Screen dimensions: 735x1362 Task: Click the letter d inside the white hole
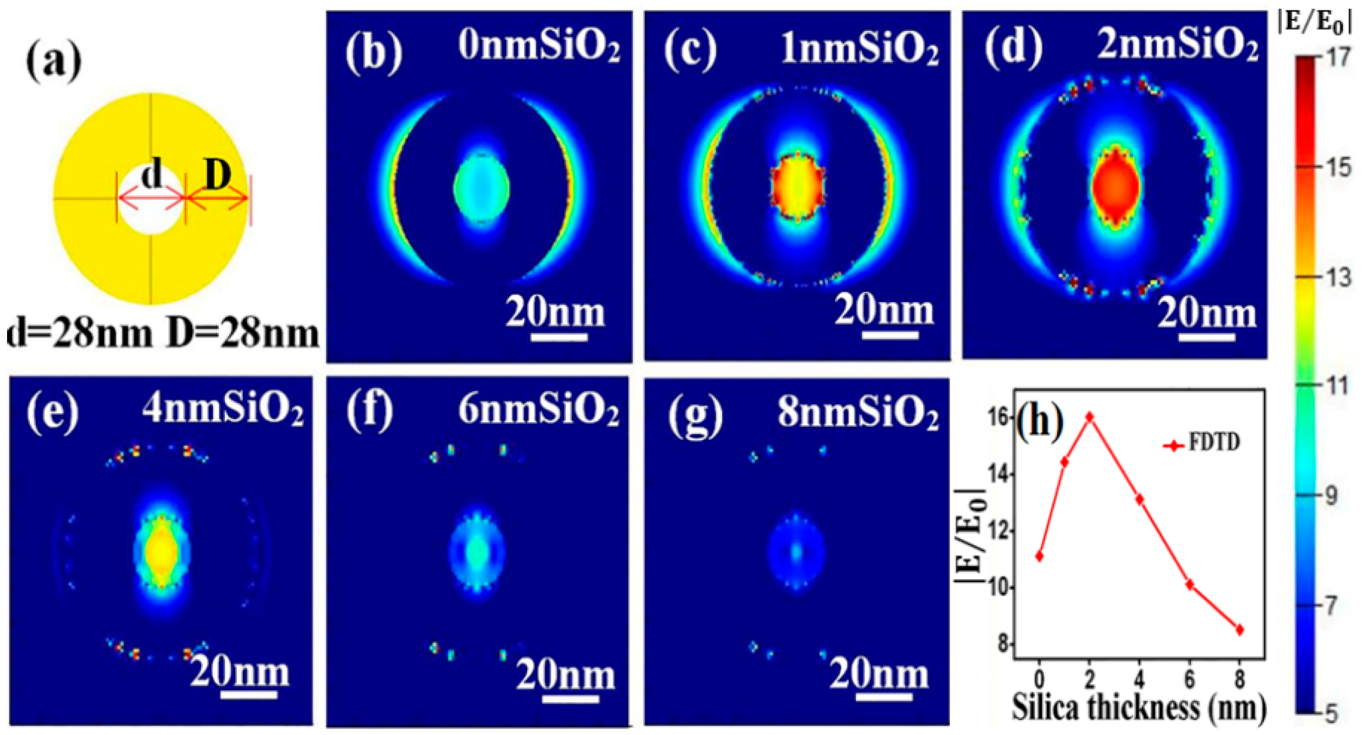(x=152, y=175)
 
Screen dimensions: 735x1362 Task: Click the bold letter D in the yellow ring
(x=217, y=175)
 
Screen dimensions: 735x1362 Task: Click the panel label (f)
(x=370, y=409)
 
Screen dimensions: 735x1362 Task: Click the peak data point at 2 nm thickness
(x=1090, y=417)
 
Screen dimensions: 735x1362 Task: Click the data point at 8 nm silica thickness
(x=1240, y=630)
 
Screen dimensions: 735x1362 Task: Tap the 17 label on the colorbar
(x=1337, y=57)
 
